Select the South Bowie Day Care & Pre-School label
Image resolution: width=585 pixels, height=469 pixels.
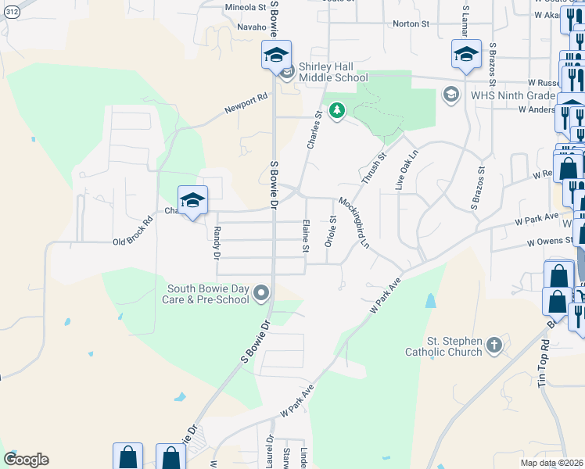pyautogui.click(x=206, y=294)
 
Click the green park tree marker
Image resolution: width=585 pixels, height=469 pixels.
pyautogui.click(x=337, y=112)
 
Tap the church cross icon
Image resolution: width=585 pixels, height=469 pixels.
pyautogui.click(x=493, y=345)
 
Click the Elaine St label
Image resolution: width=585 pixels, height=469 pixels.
pyautogui.click(x=306, y=236)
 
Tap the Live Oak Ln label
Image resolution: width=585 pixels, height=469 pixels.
pyautogui.click(x=402, y=170)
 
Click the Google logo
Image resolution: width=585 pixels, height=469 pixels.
pyautogui.click(x=26, y=459)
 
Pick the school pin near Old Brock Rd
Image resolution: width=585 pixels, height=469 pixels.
pyautogui.click(x=192, y=202)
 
